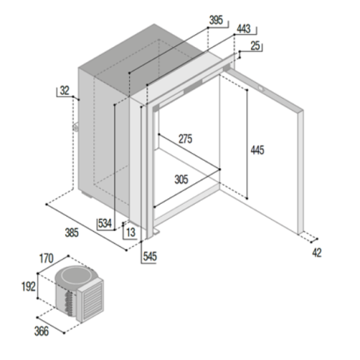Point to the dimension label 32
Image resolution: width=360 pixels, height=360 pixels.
[x=65, y=92]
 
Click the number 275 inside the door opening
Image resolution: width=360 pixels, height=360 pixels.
[x=185, y=139]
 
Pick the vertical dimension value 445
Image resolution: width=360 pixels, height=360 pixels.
[x=256, y=150]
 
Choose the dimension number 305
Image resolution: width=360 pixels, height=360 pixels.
[x=181, y=180]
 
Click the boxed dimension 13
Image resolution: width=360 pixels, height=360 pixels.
[x=130, y=232]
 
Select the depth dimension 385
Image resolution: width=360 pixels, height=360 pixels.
[x=71, y=233]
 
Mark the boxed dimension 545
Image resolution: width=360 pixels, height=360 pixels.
[x=150, y=256]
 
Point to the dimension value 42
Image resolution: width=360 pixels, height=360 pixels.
[x=316, y=252]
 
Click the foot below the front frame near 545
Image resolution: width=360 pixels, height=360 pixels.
[x=157, y=233]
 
